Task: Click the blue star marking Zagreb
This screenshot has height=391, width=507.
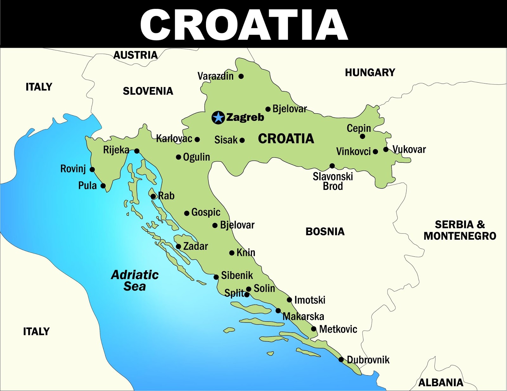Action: [218, 118]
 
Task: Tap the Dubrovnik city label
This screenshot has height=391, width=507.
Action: [368, 360]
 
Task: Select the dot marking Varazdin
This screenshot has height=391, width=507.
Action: [241, 76]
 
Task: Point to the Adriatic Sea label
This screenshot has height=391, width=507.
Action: [135, 281]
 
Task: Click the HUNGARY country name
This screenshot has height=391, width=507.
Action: [370, 73]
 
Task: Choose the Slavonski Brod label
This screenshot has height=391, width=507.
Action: [333, 181]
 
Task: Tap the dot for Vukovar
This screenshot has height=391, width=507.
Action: [386, 149]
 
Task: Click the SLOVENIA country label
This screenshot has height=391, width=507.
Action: [148, 91]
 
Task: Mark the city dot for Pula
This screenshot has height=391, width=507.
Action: [103, 186]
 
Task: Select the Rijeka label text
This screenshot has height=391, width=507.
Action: [116, 150]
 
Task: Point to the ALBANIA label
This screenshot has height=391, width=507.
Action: [440, 382]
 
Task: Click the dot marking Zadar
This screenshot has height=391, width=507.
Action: [178, 247]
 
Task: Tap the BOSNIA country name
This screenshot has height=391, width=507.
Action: [325, 231]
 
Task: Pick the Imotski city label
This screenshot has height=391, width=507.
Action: [310, 300]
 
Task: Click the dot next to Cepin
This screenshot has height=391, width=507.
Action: [363, 136]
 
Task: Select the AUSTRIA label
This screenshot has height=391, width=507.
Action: [136, 55]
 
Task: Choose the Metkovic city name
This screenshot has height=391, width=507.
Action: [338, 329]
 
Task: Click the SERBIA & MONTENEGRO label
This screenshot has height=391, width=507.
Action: [460, 230]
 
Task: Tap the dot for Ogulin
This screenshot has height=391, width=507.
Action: [178, 157]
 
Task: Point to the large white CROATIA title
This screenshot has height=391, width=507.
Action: [244, 25]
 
